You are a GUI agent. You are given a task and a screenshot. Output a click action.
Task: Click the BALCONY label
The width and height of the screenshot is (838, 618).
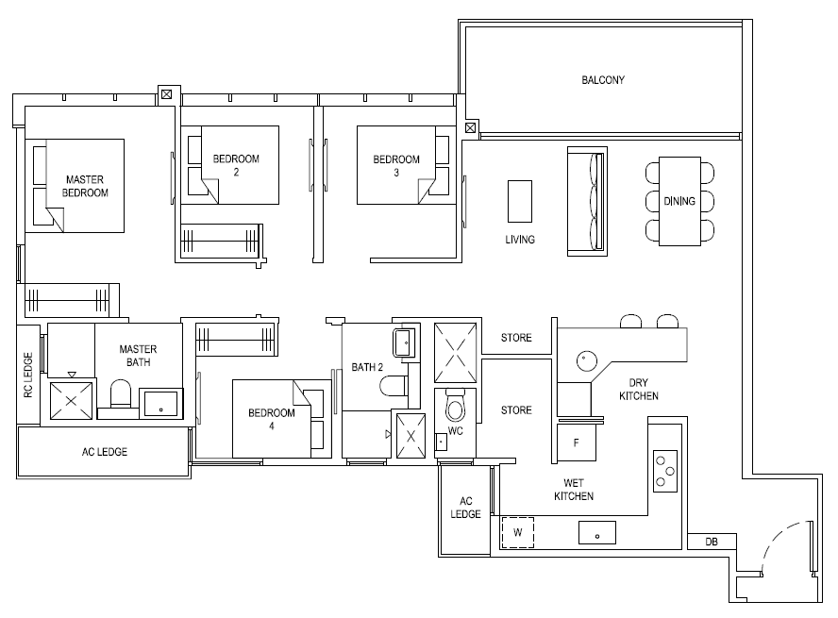pyautogui.click(x=603, y=80)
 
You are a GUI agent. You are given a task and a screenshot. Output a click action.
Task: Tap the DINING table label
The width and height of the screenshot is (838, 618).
pyautogui.click(x=679, y=201)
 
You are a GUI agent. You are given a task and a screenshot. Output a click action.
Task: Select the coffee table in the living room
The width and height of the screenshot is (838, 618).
pyautogui.click(x=519, y=201)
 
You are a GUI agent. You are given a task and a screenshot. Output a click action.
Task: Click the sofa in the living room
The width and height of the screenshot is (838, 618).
pyautogui.click(x=587, y=201)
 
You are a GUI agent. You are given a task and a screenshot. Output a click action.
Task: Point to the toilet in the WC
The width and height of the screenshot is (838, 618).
pyautogui.click(x=456, y=407)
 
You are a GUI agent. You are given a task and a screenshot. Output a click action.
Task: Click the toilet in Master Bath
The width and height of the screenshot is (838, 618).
pyautogui.click(x=121, y=394)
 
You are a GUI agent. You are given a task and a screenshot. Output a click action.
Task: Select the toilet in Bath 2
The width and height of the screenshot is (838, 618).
pyautogui.click(x=394, y=386)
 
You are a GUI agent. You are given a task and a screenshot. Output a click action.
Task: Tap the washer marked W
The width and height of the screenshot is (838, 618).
pyautogui.click(x=518, y=532)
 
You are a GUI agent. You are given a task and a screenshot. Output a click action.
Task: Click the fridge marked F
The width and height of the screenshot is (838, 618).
pyautogui.click(x=576, y=443)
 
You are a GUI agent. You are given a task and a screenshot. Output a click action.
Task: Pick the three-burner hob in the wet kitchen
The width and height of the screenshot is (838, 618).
pyautogui.click(x=665, y=471)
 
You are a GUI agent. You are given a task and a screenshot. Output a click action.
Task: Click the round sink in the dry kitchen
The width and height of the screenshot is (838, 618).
pyautogui.click(x=587, y=361)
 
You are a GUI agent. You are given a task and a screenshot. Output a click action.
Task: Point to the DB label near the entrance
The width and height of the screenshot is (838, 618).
pyautogui.click(x=712, y=542)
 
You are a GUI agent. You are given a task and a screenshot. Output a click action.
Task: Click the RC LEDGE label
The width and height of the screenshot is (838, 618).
pyautogui.click(x=28, y=375)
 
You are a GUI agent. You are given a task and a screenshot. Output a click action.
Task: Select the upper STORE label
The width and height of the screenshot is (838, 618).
pyautogui.click(x=516, y=338)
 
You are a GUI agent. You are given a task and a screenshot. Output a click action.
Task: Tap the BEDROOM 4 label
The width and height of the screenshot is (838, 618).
pyautogui.click(x=272, y=419)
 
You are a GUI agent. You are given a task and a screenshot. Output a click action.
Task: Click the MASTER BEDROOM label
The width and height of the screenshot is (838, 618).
pyautogui.click(x=85, y=186)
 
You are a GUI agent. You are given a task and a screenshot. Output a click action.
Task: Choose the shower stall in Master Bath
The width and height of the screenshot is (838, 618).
pyautogui.click(x=71, y=401)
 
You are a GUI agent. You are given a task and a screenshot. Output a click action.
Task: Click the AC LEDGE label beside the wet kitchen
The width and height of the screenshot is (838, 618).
pyautogui.click(x=465, y=508)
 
